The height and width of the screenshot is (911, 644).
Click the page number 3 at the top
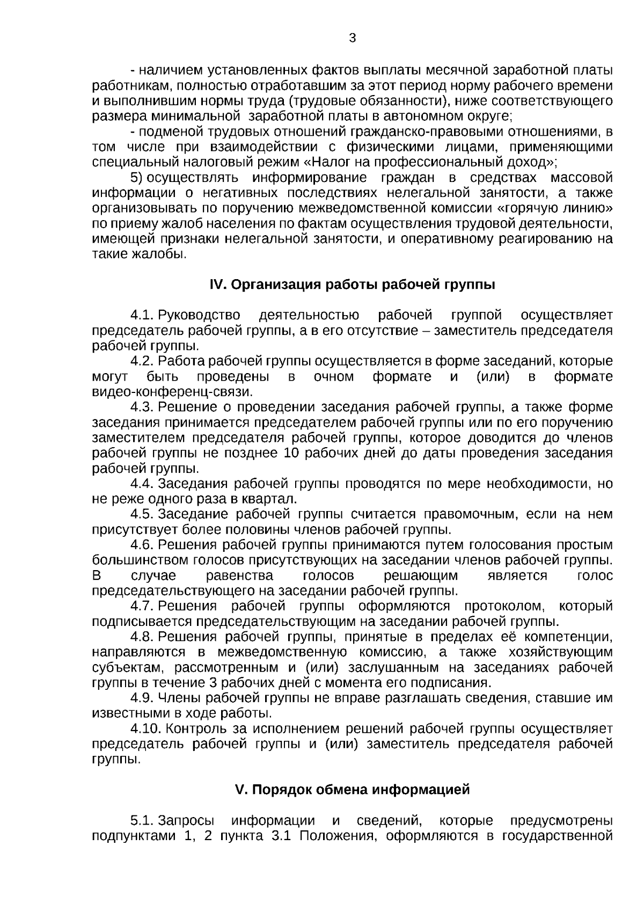click(352, 38)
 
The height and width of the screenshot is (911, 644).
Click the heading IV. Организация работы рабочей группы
click(352, 285)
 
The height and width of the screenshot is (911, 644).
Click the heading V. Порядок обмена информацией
click(353, 790)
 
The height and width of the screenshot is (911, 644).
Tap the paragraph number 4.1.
click(142, 315)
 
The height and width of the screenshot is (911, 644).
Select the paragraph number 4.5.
click(142, 514)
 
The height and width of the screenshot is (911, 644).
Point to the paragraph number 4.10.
click(145, 729)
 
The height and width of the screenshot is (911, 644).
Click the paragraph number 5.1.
click(142, 821)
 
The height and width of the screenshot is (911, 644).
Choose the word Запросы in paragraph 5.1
click(186, 821)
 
